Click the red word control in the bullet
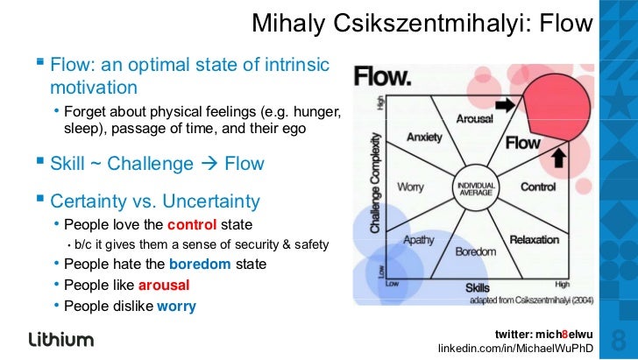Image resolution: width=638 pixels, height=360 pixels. pyautogui.click(x=191, y=223)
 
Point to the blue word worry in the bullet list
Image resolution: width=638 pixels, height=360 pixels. pyautogui.click(x=176, y=306)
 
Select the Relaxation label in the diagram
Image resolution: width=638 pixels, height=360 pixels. pyautogui.click(x=535, y=239)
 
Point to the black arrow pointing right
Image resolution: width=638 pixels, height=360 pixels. pyautogui.click(x=507, y=105)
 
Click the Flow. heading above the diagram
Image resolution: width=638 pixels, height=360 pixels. pyautogui.click(x=382, y=77)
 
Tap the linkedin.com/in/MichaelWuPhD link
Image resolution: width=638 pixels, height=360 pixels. pyautogui.click(x=516, y=349)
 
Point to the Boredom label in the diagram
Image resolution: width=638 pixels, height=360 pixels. pyautogui.click(x=477, y=252)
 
